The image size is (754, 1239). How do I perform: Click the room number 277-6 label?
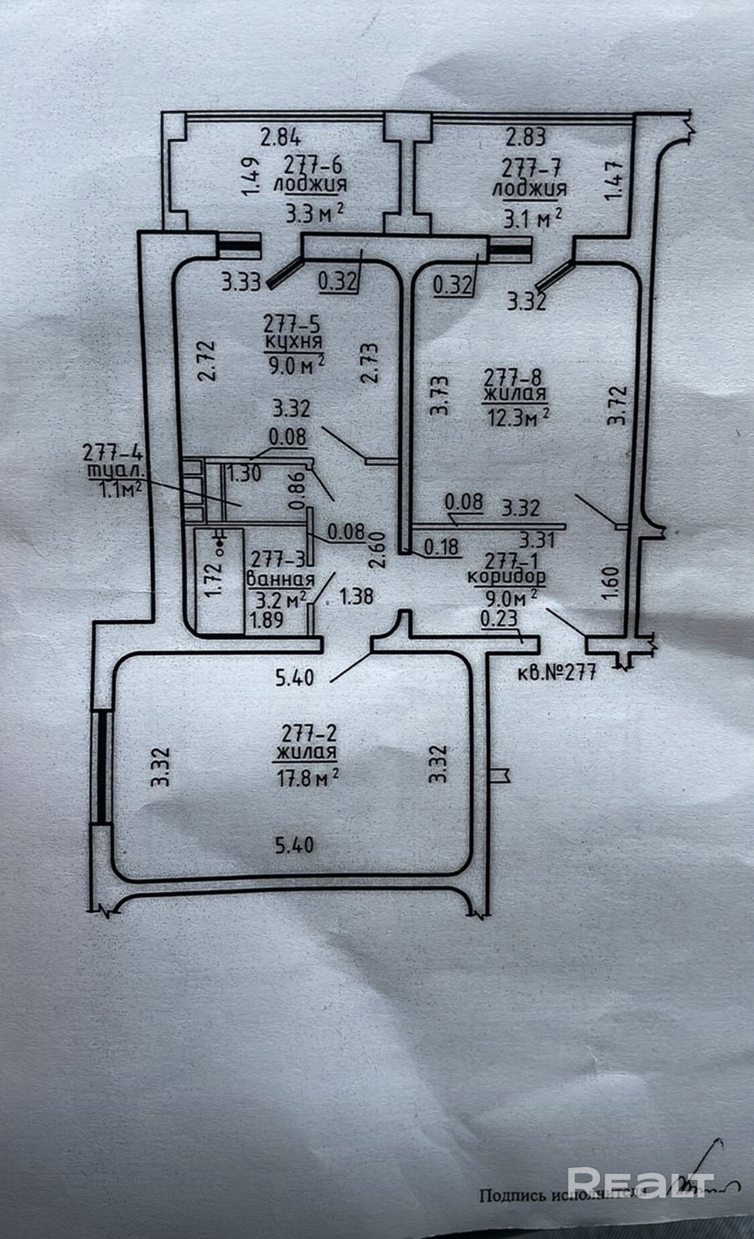[x=312, y=163]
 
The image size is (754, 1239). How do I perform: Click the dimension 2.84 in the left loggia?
[x=281, y=139]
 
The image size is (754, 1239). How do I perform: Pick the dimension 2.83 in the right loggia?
[x=525, y=137]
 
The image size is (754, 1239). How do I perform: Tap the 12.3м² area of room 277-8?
[x=520, y=417]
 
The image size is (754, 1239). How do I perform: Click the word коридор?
[x=505, y=575]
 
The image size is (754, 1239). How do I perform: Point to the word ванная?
[x=281, y=580]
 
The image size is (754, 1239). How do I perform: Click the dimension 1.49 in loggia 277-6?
[x=251, y=177]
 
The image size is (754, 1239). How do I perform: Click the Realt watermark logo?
[x=640, y=1182]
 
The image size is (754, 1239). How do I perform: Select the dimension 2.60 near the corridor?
[x=377, y=549]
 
